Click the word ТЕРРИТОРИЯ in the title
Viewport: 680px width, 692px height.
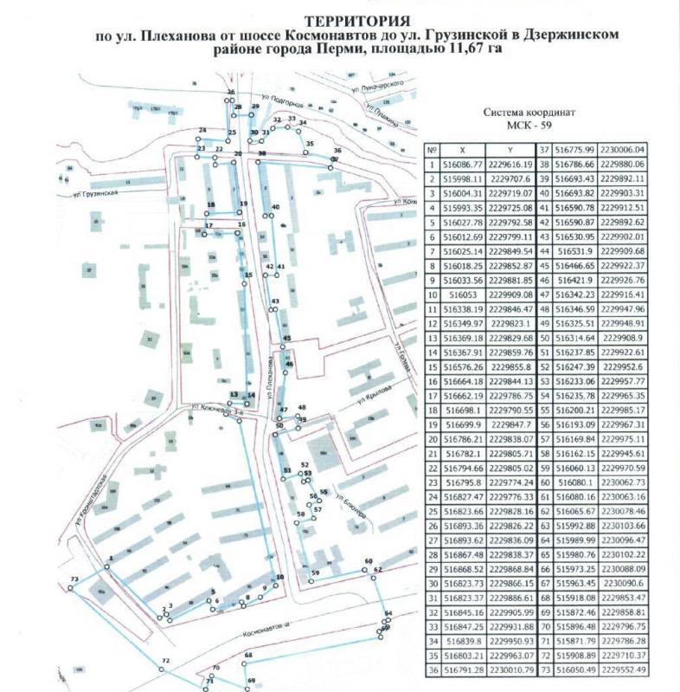(356, 20)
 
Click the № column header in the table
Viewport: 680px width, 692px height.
(433, 149)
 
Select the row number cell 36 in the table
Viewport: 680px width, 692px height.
(433, 669)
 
